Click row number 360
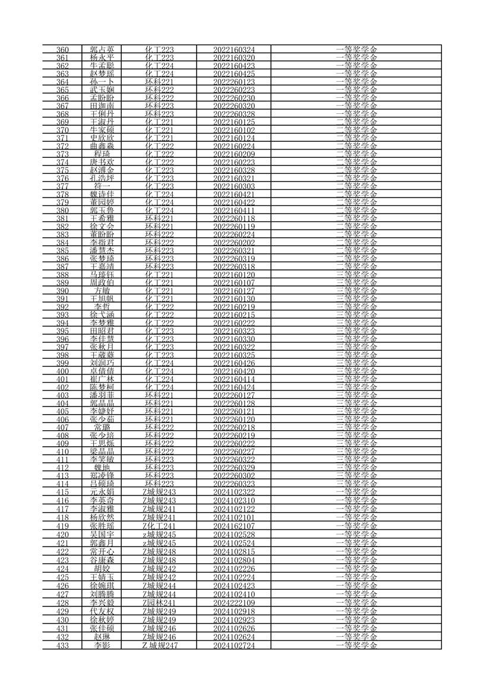[62, 49]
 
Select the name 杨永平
[102, 58]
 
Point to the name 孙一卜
[102, 81]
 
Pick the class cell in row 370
[159, 129]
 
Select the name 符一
[102, 186]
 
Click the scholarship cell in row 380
[356, 210]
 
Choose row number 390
[62, 290]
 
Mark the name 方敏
[102, 290]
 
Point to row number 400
[62, 371]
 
